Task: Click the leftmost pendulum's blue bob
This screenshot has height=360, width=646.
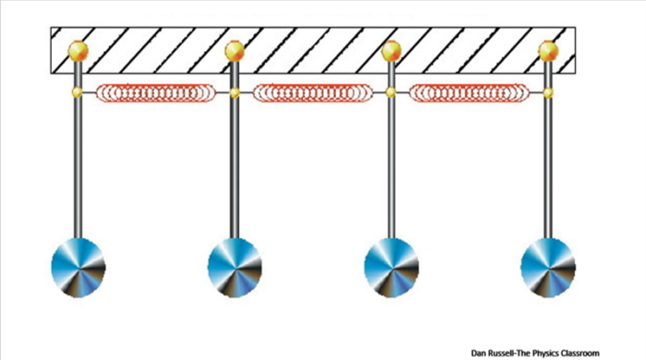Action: click(78, 267)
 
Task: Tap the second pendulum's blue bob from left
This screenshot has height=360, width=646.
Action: click(234, 267)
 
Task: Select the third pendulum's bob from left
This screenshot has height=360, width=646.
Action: click(391, 267)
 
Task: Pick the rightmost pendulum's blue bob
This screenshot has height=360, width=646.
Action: click(548, 267)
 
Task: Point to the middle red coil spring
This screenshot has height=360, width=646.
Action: click(313, 92)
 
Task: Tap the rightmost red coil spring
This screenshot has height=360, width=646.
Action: click(469, 92)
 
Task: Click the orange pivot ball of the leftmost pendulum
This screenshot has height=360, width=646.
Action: click(78, 50)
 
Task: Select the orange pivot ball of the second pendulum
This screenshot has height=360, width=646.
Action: click(234, 50)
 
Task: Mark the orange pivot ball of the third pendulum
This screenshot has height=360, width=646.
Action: click(391, 50)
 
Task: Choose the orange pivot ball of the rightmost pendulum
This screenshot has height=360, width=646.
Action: click(548, 50)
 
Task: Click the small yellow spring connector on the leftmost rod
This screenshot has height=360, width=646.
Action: click(78, 92)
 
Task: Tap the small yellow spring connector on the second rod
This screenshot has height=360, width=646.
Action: click(234, 92)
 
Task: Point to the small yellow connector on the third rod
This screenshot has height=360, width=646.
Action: click(391, 92)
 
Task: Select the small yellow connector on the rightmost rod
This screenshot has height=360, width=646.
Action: click(548, 92)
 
